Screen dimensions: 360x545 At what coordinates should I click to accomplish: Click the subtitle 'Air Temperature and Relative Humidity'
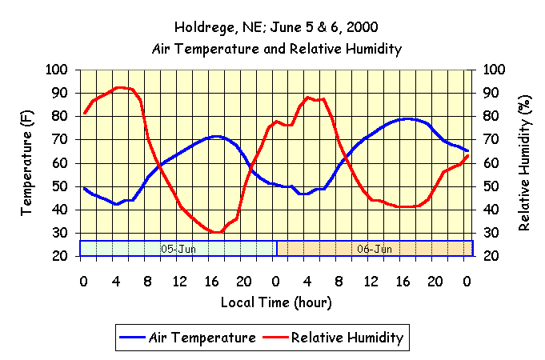(x=276, y=49)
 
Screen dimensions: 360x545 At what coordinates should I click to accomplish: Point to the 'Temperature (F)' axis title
(x=27, y=163)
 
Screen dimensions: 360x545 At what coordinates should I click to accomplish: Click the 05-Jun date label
(x=178, y=249)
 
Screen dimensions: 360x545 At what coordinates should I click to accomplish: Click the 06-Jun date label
(x=375, y=249)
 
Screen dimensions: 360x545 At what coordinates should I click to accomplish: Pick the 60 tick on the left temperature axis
(x=62, y=163)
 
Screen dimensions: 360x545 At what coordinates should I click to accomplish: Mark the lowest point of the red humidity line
(x=218, y=233)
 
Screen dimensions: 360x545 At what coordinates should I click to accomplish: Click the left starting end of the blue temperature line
(x=84, y=188)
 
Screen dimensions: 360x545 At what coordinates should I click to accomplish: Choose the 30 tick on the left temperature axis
(x=62, y=233)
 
